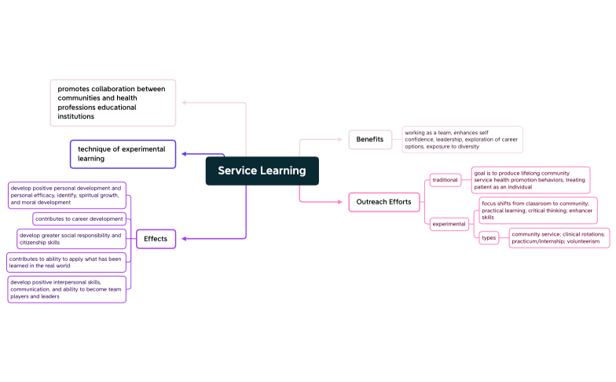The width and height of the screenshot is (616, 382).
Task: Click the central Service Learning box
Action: click(x=262, y=171)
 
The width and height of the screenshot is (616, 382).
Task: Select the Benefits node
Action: click(x=370, y=140)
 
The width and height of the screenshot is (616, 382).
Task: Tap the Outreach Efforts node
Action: click(x=383, y=202)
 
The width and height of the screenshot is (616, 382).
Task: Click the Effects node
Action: click(x=156, y=239)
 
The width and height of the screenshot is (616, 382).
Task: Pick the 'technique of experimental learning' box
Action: click(x=123, y=154)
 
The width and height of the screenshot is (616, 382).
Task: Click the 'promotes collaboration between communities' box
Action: click(x=113, y=103)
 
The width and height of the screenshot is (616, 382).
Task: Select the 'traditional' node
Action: click(x=445, y=180)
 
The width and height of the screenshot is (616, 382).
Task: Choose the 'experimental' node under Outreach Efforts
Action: click(x=449, y=224)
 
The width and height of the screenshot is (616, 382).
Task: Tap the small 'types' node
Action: click(x=489, y=237)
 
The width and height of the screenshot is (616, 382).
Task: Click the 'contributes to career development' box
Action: click(x=79, y=219)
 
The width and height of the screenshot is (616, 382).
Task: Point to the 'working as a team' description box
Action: click(x=462, y=140)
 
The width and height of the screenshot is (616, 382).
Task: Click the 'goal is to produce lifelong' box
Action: click(x=531, y=180)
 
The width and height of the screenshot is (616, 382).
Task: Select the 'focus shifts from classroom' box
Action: click(x=538, y=211)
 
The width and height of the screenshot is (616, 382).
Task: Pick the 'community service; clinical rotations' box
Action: click(x=559, y=237)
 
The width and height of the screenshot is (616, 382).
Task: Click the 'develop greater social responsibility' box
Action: click(x=71, y=239)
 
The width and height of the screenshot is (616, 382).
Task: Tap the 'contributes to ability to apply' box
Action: click(x=66, y=263)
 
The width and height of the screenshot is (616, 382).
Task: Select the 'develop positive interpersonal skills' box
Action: click(x=67, y=289)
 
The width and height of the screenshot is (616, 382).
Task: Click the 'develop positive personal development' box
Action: click(x=67, y=195)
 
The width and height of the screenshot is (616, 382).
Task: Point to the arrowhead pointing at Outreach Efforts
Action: click(x=340, y=202)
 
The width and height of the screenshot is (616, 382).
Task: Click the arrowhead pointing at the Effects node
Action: click(x=184, y=239)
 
